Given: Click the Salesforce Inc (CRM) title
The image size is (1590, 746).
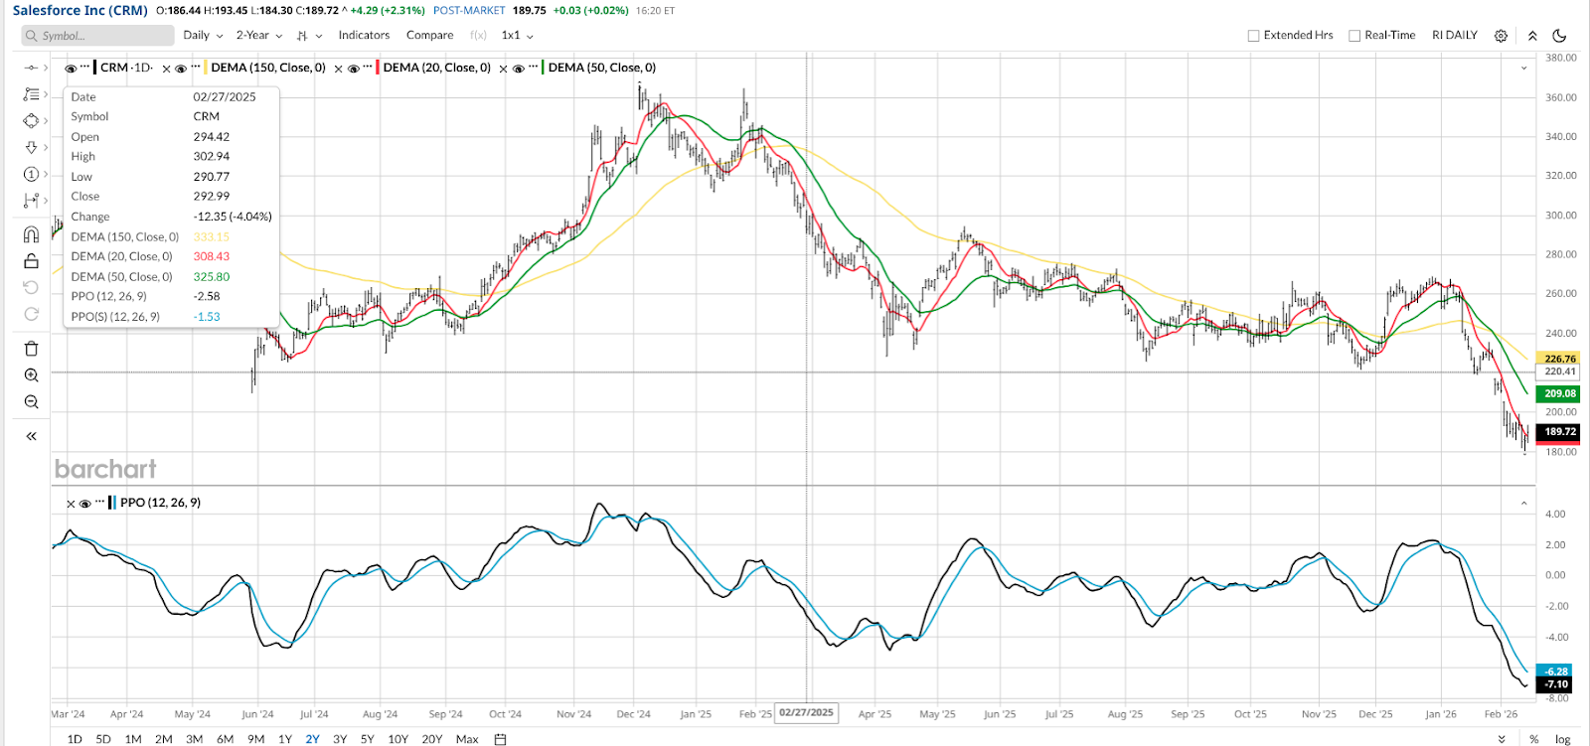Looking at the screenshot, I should (79, 11).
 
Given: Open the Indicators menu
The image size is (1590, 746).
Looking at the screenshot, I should (364, 35).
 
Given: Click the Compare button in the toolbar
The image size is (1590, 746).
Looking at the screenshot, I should (429, 35).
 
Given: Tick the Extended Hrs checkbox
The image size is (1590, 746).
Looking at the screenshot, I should (1253, 36).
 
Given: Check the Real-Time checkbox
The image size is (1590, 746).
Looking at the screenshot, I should (1354, 36).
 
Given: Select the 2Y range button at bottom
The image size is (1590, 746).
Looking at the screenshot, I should (312, 739).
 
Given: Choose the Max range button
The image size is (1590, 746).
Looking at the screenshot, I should (466, 739).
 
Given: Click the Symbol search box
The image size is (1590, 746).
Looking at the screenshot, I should (99, 36).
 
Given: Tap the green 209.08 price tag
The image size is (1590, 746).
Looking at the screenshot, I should (1559, 393).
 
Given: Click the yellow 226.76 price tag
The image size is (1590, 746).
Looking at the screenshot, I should (1559, 359).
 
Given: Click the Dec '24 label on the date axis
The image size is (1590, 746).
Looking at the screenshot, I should (633, 714).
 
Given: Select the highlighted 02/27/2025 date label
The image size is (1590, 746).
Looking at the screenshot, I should (806, 712).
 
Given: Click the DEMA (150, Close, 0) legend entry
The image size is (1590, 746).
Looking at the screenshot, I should (268, 68).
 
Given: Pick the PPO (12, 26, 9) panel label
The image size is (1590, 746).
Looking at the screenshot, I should (160, 503).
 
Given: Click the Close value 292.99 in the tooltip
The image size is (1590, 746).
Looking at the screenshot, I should (211, 197).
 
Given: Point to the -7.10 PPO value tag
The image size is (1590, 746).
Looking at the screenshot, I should (1555, 684).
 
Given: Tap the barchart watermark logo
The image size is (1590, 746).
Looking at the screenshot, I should (105, 469).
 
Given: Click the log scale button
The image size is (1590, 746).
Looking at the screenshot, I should (1562, 739).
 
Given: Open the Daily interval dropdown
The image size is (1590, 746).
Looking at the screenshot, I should (202, 35).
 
